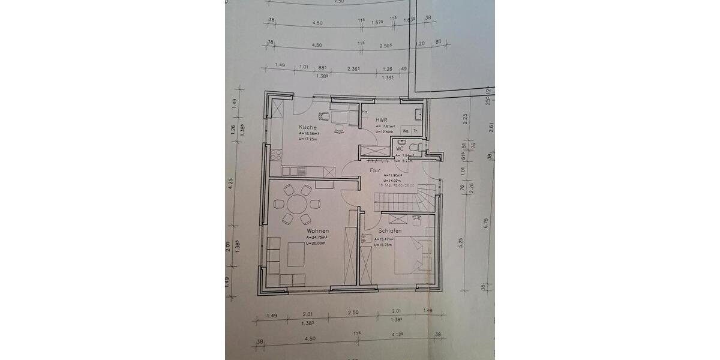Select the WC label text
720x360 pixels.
point(399,148)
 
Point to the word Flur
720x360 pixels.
point(375,170)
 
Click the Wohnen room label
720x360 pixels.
point(317,230)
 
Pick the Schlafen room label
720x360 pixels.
point(389,230)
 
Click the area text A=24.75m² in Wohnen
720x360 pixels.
point(319,237)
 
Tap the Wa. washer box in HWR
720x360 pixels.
point(406,130)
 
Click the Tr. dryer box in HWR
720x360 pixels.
point(416,130)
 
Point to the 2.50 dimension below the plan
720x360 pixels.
point(353,312)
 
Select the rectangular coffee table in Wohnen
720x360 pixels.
point(296,254)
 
